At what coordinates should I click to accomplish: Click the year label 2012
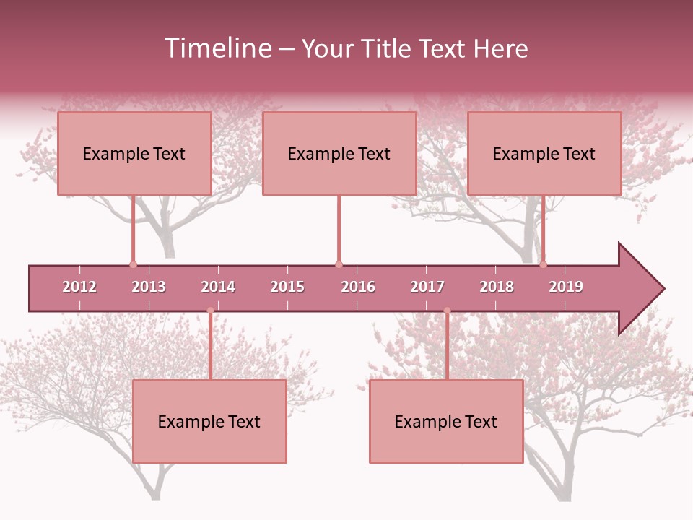point(79,287)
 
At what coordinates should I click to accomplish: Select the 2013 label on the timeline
point(149,287)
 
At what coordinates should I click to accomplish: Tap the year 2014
point(218,287)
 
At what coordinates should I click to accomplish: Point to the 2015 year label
point(287,287)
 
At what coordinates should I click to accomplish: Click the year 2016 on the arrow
point(358,287)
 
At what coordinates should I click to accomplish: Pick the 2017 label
point(427,287)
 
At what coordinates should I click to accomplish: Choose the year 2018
point(497,287)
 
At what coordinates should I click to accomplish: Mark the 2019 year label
point(566,287)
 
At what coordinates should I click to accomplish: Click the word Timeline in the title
point(217,48)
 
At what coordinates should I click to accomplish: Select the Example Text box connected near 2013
point(134,154)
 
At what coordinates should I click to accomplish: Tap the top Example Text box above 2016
point(339,154)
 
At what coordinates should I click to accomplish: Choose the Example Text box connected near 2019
point(544,154)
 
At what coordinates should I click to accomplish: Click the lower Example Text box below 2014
point(209,422)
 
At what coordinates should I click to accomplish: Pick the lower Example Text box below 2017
point(446,422)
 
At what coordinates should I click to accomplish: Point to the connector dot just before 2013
point(133,264)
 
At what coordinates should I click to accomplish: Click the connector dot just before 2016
point(339,264)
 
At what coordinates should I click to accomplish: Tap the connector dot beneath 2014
point(210,311)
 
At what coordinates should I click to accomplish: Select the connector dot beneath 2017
point(447,311)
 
